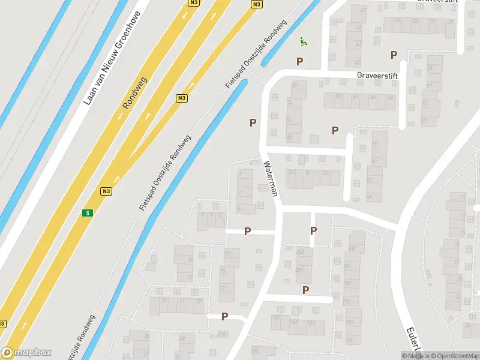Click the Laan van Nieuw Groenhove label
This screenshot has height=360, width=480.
[112, 58]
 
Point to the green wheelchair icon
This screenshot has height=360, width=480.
[304, 41]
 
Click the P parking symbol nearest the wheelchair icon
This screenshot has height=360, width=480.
[299, 61]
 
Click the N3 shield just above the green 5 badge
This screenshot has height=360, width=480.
[106, 191]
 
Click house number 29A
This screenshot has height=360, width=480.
[223, 334]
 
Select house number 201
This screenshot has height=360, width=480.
[347, 266]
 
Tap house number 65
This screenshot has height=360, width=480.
[369, 197]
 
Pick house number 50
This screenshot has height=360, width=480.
[338, 97]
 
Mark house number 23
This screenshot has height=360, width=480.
[163, 301]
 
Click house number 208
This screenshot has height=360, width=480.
[301, 252]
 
